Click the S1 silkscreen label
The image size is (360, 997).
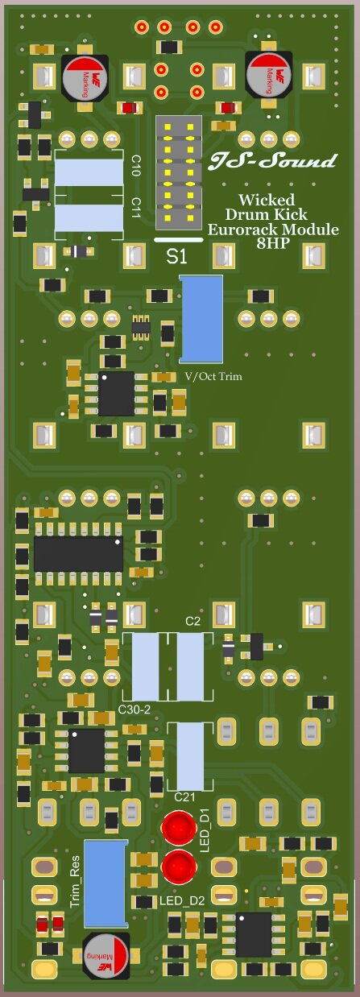(x=177, y=257)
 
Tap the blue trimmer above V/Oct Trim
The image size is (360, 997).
(x=201, y=318)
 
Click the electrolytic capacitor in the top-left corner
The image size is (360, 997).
(x=84, y=77)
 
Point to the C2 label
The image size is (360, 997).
(x=192, y=621)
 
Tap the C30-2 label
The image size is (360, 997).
(x=134, y=709)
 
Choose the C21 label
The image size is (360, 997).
(x=185, y=796)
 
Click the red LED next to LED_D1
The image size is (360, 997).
(x=178, y=828)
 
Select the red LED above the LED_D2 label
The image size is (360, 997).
(x=178, y=867)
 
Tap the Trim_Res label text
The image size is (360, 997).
(x=76, y=883)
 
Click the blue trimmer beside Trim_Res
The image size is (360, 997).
(x=106, y=883)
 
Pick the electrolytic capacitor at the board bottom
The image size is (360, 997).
(x=105, y=956)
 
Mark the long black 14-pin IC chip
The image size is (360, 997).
(x=78, y=554)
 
